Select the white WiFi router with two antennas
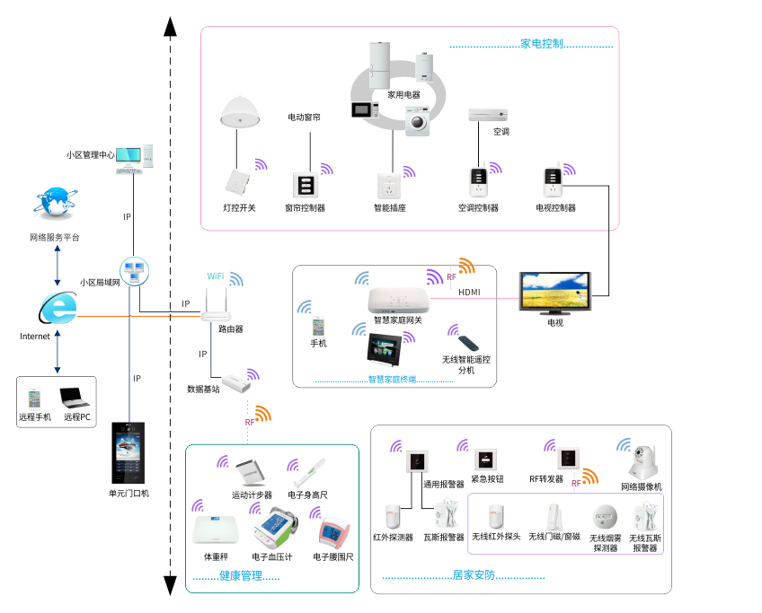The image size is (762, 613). point(214,308)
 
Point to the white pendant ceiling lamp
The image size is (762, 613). point(240,112)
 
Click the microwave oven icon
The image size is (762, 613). point(364,110)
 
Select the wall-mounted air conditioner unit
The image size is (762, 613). point(487,115)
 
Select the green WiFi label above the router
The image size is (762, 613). point(216,276)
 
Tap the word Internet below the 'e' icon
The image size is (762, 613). point(35,337)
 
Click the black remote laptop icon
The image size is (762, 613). point(74,396)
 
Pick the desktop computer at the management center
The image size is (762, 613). point(137,158)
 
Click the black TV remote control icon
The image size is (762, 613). point(471,342)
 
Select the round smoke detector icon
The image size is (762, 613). point(602,517)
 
